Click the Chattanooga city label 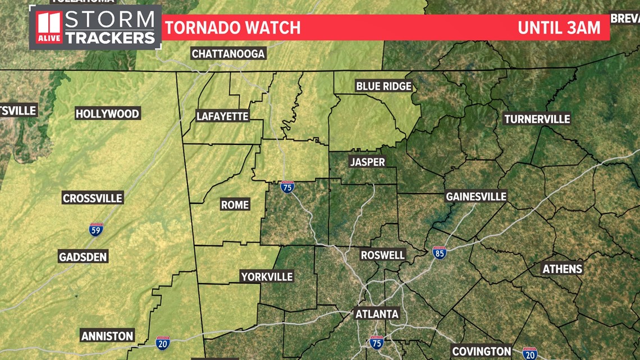point(228,54)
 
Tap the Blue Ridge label point(384,86)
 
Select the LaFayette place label point(222,116)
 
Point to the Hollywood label point(107,114)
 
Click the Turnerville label point(537,119)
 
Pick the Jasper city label point(367,162)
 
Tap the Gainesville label point(476,197)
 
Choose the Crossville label point(93,198)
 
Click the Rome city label point(235,205)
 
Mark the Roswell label point(382,255)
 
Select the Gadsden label point(83,257)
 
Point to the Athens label point(562,269)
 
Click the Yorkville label point(267,276)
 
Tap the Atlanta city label point(377,314)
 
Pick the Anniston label point(107,336)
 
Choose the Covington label point(482,352)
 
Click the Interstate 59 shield point(96,229)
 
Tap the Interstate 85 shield point(440,252)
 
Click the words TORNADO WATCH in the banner point(232,28)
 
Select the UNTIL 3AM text point(559,28)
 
